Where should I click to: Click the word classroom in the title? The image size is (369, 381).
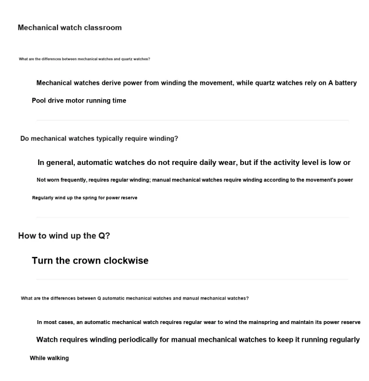[x=102, y=27]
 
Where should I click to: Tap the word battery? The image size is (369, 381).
[x=346, y=82]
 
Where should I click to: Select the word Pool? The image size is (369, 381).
[x=39, y=100]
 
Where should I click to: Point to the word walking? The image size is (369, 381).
[x=58, y=358]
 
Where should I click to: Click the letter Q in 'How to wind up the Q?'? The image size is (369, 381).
[x=102, y=236]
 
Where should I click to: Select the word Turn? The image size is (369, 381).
[x=43, y=260]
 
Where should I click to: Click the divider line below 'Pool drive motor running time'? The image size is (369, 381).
[x=192, y=120]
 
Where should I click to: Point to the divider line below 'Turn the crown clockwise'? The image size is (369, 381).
[x=192, y=279]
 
